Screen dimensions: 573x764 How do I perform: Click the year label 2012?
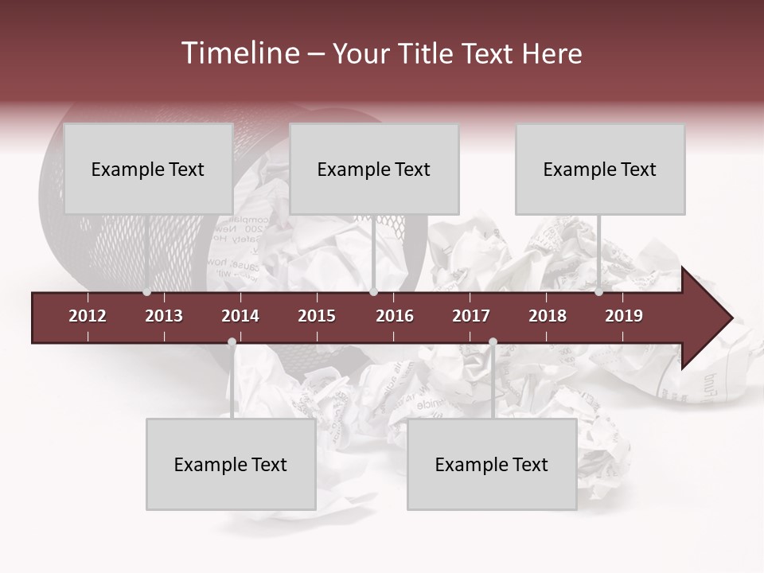[x=88, y=316]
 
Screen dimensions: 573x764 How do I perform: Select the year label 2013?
[x=164, y=316]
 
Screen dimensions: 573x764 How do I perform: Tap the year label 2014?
[x=240, y=316]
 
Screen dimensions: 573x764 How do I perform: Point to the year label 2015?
[x=317, y=316]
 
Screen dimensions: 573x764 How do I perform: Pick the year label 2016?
[x=395, y=316]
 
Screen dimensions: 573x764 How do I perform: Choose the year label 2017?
[x=471, y=316]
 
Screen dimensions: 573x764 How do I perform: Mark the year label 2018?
[x=548, y=316]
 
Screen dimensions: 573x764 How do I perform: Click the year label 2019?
[x=624, y=316]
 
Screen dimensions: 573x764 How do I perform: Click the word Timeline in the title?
[x=240, y=53]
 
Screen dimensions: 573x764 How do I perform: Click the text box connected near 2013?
[x=148, y=169]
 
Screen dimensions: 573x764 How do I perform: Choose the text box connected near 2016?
[x=374, y=169]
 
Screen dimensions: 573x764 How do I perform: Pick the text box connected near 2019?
[x=600, y=169]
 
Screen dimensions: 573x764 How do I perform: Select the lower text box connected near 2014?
[x=231, y=465]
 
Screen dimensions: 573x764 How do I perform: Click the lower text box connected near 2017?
[x=492, y=465]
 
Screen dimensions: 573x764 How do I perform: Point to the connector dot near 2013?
[x=146, y=292]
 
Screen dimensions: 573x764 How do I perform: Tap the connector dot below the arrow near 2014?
[x=232, y=342]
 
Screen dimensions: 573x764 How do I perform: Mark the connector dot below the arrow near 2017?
[x=493, y=342]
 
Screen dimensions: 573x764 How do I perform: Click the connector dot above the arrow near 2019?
[x=598, y=292]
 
